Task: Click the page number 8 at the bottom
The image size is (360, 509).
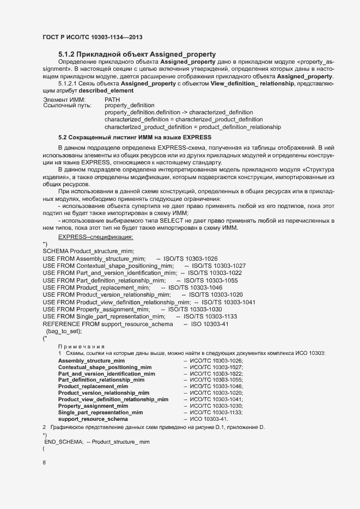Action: click(44, 463)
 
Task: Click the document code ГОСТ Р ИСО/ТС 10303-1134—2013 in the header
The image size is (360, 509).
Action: click(93, 37)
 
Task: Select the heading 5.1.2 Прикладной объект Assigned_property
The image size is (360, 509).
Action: click(137, 54)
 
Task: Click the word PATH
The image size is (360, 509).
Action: click(112, 100)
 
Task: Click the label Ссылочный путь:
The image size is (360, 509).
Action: click(65, 106)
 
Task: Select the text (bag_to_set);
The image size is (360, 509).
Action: click(64, 331)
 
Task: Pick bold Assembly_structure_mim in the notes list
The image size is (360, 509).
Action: click(91, 361)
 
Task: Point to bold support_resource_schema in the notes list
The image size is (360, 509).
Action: click(93, 419)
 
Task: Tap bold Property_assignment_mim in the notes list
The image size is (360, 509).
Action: click(93, 406)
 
